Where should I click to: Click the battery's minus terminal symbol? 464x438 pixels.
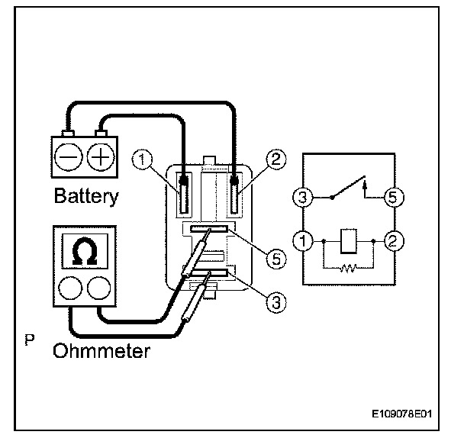tap(68, 159)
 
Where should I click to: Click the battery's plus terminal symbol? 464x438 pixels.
tap(99, 159)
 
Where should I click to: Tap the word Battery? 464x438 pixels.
tap(86, 196)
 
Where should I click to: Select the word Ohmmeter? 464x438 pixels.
tap(101, 352)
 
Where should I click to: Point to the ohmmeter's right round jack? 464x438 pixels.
tap(97, 288)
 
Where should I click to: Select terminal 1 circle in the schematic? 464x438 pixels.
tap(305, 243)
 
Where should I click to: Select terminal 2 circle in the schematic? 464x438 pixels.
tap(392, 243)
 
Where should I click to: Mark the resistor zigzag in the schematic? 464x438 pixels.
tap(347, 269)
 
